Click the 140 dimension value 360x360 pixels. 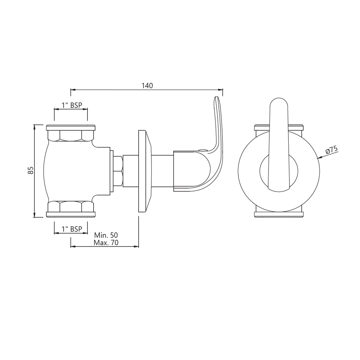(x=147, y=86)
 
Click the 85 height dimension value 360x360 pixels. (x=31, y=170)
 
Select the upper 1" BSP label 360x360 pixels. (x=71, y=105)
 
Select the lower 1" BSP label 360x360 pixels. (x=71, y=229)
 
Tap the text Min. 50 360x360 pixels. (x=106, y=235)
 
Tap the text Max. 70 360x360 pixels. (x=106, y=243)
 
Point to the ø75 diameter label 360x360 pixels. (x=332, y=149)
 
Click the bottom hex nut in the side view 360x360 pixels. (x=71, y=207)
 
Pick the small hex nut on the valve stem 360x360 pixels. (x=118, y=171)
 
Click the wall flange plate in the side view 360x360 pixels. (x=144, y=171)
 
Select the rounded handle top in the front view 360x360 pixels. (x=279, y=104)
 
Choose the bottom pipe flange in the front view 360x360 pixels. (x=279, y=215)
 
